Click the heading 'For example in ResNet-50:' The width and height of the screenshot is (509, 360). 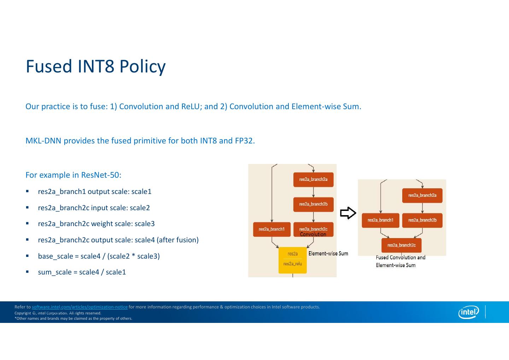(73, 175)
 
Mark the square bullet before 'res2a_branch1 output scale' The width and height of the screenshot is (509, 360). (27, 191)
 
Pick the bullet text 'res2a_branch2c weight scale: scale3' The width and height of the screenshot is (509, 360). (96, 224)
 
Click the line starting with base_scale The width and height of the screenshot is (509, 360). (99, 256)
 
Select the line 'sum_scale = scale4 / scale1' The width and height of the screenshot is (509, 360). (82, 272)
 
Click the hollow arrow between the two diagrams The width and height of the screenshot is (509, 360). (348, 213)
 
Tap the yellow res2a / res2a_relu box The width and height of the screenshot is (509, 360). (293, 260)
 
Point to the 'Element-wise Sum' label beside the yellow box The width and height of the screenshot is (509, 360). (328, 254)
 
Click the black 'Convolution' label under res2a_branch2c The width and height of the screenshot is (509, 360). (313, 235)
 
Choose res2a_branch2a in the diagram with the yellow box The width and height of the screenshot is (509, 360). (313, 179)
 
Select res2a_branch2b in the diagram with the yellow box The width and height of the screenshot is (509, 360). (313, 204)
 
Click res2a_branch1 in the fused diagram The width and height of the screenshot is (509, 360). (380, 220)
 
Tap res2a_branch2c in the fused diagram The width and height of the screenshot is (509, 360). (401, 245)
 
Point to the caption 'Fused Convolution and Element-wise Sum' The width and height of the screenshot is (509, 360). (400, 261)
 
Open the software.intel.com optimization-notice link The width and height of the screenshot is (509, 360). (80, 307)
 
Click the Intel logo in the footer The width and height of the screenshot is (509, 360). (468, 312)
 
